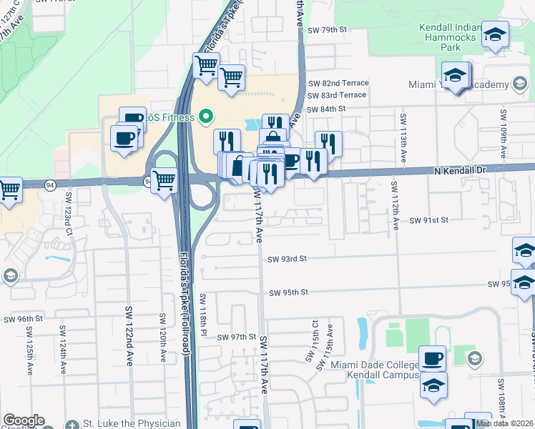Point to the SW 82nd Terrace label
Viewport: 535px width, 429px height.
[338, 83]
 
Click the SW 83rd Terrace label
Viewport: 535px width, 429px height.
[337, 95]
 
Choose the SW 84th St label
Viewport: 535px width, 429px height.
[327, 109]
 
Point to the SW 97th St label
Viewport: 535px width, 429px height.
[237, 337]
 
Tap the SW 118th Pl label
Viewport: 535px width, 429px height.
[204, 315]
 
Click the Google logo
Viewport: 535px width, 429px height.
[24, 420]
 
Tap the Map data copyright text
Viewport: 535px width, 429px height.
[504, 423]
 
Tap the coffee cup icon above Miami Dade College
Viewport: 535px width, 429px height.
[432, 357]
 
